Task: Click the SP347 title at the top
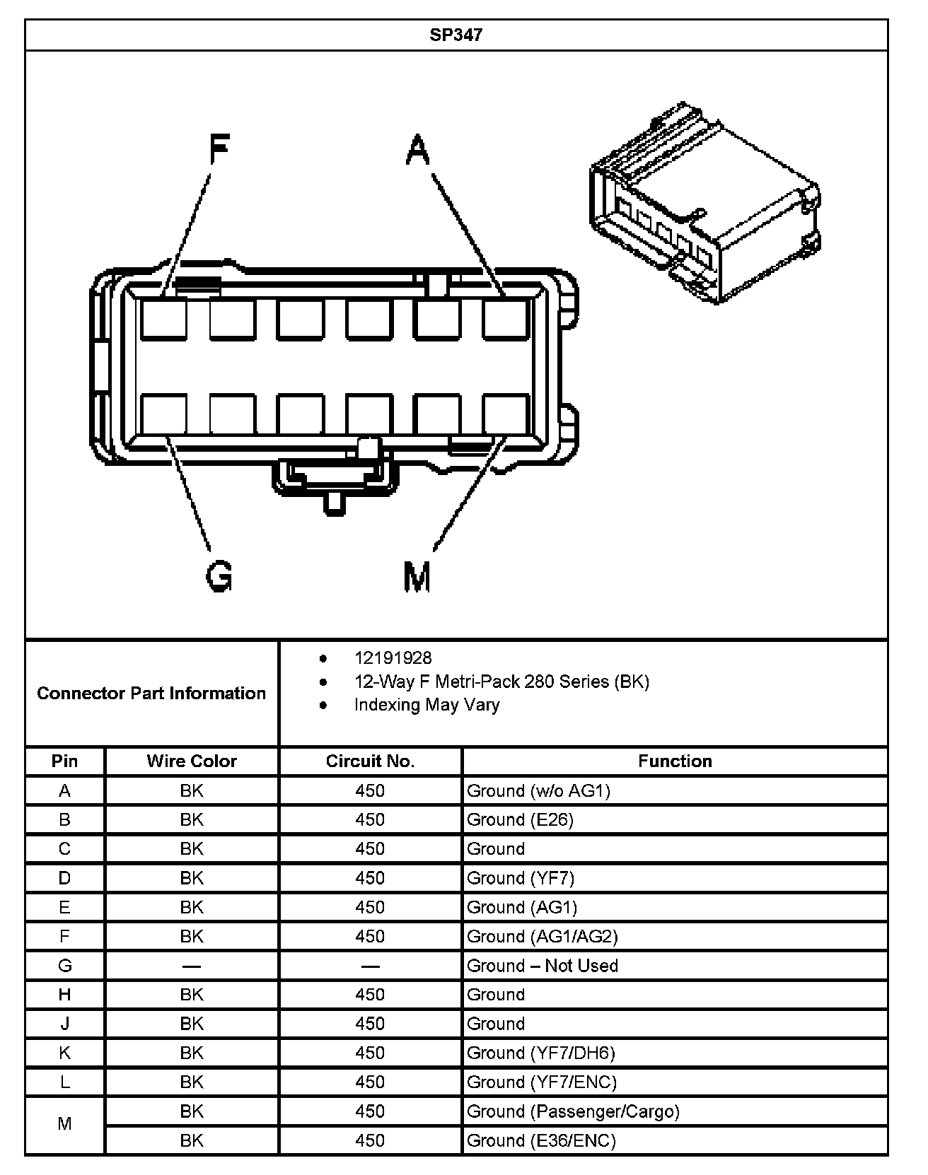click(456, 35)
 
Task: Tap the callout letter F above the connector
click(219, 149)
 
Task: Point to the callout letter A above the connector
click(418, 149)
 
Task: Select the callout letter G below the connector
click(219, 575)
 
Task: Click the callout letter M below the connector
click(417, 575)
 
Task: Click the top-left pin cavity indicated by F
click(163, 318)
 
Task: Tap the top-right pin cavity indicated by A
click(506, 318)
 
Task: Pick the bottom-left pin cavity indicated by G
click(163, 414)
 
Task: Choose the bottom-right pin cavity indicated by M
click(506, 414)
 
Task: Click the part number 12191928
click(393, 658)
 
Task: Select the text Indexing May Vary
click(427, 705)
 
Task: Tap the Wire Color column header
click(192, 761)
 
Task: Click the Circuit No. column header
click(370, 761)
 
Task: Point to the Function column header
click(675, 761)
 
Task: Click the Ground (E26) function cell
click(520, 820)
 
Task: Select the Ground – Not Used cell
click(543, 966)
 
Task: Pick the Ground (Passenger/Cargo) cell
click(573, 1111)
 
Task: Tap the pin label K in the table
click(64, 1053)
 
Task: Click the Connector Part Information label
click(151, 694)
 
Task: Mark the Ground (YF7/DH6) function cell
click(541, 1053)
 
